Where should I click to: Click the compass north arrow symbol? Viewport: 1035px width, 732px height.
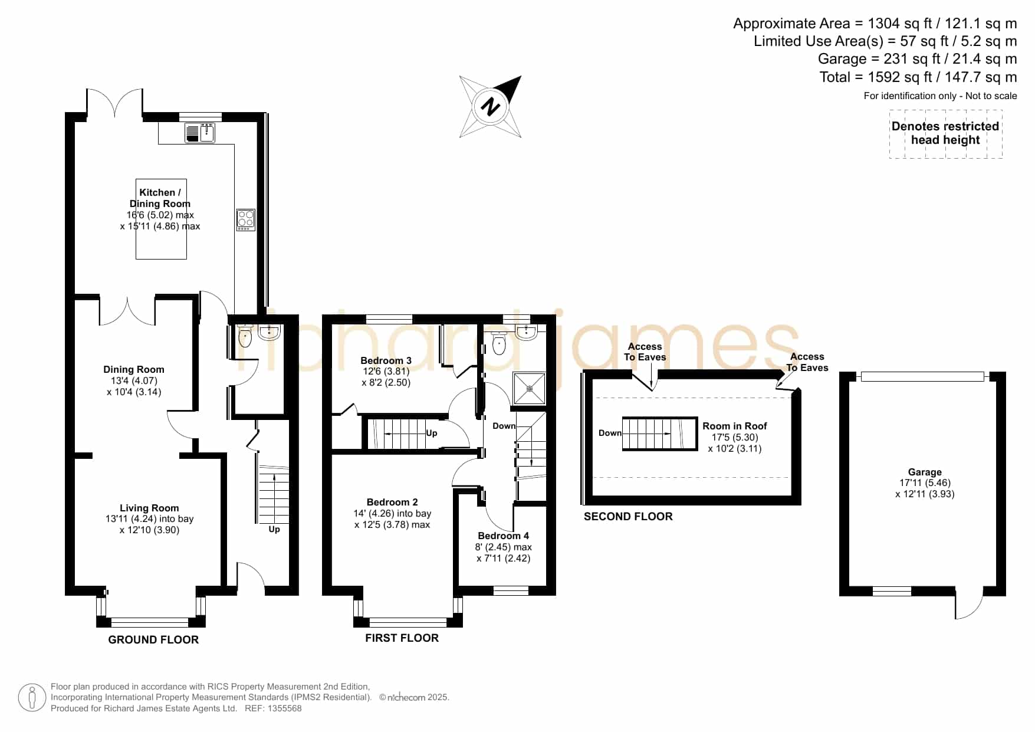click(x=491, y=107)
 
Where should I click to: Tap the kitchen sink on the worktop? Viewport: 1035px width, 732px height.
click(x=200, y=133)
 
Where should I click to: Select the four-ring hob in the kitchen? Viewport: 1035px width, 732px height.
click(x=246, y=220)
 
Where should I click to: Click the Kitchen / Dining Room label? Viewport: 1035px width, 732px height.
click(x=160, y=198)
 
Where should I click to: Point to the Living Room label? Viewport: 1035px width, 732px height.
click(x=149, y=508)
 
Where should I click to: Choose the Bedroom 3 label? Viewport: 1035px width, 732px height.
click(x=386, y=360)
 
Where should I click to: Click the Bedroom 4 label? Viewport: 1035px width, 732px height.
click(x=503, y=536)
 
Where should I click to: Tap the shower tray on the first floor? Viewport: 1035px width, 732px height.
click(x=530, y=388)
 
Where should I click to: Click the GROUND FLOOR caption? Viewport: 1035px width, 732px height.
click(x=153, y=640)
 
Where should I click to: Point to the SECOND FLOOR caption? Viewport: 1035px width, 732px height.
click(x=628, y=517)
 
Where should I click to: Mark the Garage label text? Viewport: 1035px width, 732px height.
click(x=925, y=472)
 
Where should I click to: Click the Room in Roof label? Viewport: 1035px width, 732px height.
click(x=735, y=426)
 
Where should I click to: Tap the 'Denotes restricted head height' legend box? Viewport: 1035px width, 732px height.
click(x=945, y=134)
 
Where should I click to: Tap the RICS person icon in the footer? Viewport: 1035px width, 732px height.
click(x=32, y=698)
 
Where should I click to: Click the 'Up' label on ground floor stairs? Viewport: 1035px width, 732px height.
click(x=274, y=529)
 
